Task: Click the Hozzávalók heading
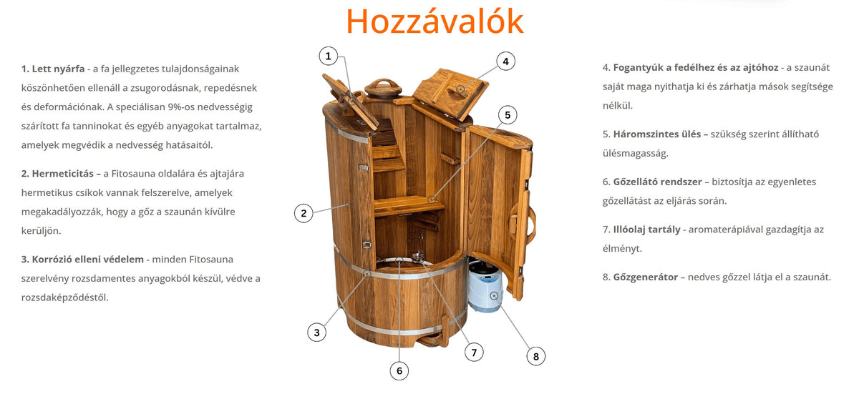(435, 21)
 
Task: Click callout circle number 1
(328, 56)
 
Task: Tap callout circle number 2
(304, 212)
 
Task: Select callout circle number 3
(316, 332)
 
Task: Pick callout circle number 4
(505, 61)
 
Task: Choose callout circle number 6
(399, 370)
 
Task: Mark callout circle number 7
(472, 352)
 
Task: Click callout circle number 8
(535, 355)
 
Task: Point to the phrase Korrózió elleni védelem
(83, 259)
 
